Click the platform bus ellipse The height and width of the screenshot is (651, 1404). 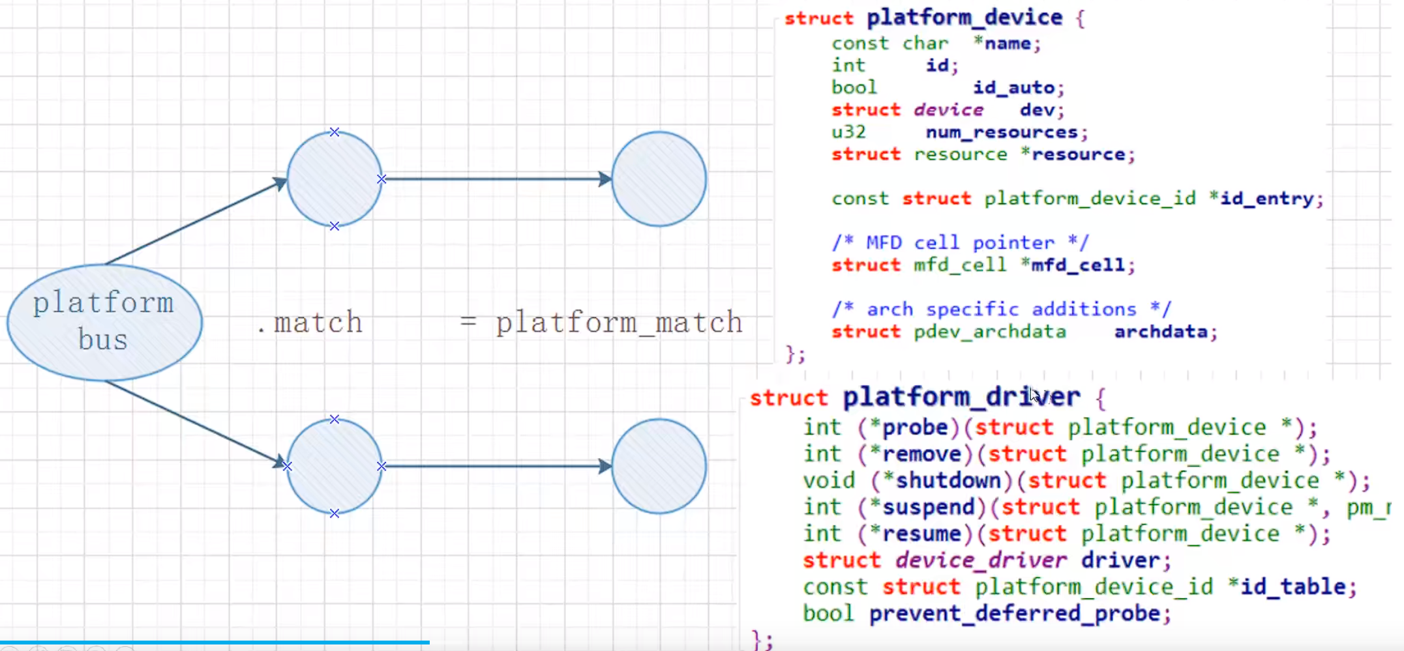point(104,322)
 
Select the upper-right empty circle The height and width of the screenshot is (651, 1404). point(659,179)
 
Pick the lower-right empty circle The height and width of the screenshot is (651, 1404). point(659,466)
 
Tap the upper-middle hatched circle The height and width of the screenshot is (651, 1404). point(335,179)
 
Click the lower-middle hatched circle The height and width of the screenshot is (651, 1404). point(335,466)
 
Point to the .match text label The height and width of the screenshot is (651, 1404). point(310,323)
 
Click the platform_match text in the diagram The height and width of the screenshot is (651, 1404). point(619,323)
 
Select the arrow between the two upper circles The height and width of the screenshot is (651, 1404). point(496,179)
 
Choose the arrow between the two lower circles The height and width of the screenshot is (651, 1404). point(496,466)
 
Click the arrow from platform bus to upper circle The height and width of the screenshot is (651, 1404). point(196,222)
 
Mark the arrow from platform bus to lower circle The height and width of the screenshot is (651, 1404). point(196,424)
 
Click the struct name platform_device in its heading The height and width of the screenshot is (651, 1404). point(964,18)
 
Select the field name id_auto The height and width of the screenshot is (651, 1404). point(1013,87)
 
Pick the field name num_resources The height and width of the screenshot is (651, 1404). point(1002,132)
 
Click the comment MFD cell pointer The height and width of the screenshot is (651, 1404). point(960,243)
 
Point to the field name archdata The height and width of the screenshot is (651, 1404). point(1161,332)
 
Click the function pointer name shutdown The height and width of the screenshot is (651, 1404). point(948,481)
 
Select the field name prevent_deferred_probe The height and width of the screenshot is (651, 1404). point(1015,614)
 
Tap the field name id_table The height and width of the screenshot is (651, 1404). point(1293,587)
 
